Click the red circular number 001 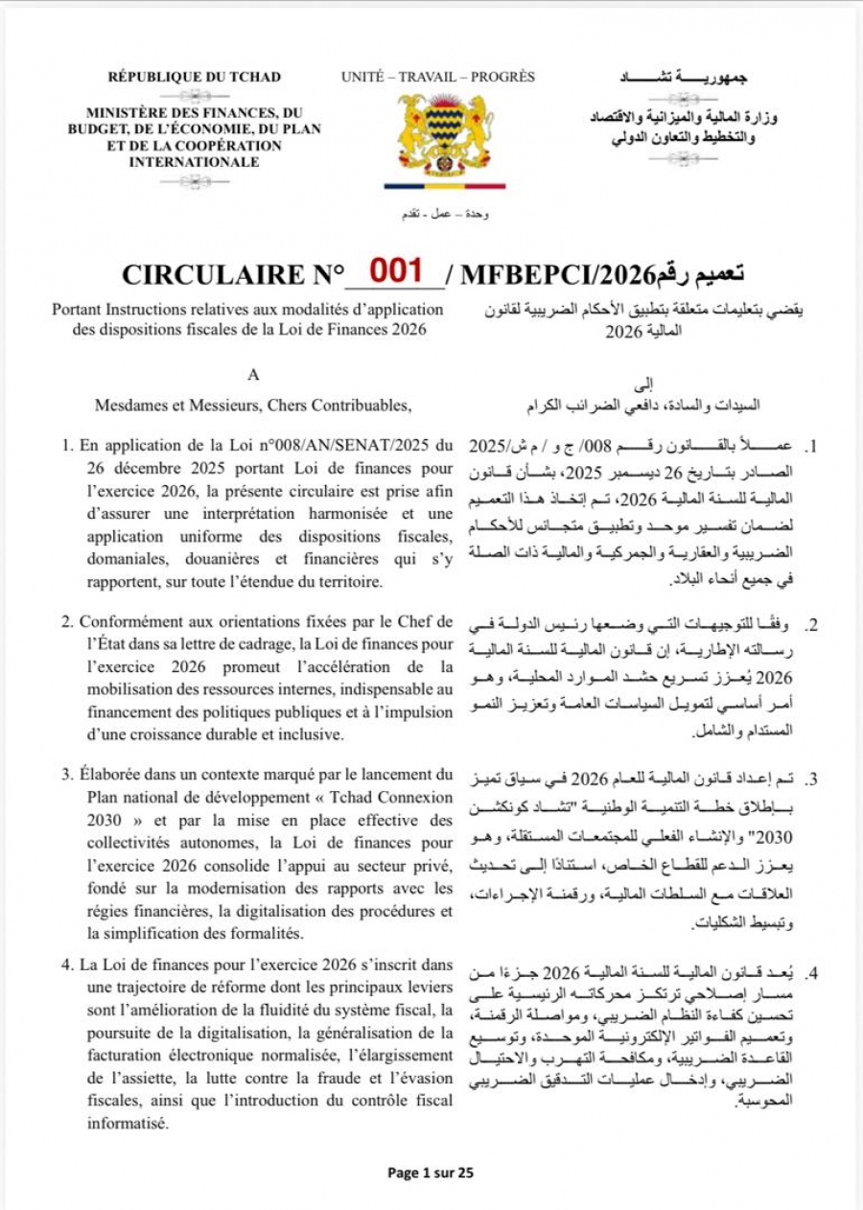(396, 270)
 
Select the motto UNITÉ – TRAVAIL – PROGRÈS (437, 77)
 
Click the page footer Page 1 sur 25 (431, 1172)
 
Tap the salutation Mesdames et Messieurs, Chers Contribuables (252, 406)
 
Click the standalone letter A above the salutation (253, 376)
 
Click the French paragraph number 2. (67, 622)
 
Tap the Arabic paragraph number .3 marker (811, 780)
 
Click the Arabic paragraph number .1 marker (811, 448)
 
